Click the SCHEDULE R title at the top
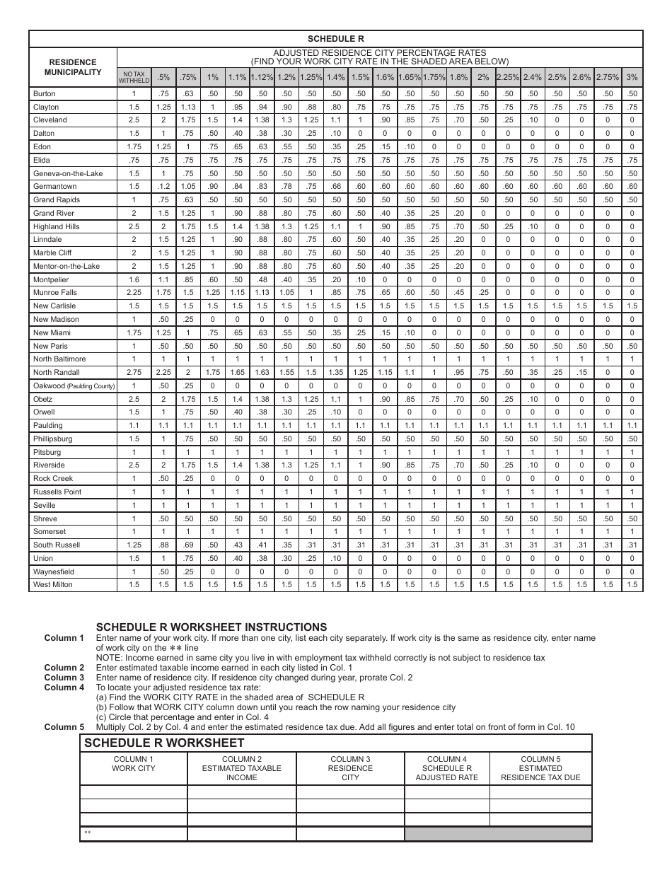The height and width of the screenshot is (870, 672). pyautogui.click(x=336, y=39)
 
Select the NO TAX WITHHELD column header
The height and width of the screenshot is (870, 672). pyautogui.click(x=134, y=77)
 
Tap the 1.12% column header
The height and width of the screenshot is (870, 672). pyautogui.click(x=262, y=77)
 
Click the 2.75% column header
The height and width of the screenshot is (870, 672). pyautogui.click(x=607, y=77)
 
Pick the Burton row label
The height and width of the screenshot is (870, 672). pyautogui.click(x=44, y=93)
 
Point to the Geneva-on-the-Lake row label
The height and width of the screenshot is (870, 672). pyautogui.click(x=68, y=173)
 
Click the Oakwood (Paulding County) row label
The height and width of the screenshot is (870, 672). pyautogui.click(x=74, y=385)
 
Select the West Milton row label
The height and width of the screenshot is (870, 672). pyautogui.click(x=52, y=585)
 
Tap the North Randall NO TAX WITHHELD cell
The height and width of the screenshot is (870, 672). pyautogui.click(x=134, y=372)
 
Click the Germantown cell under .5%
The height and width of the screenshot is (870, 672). pyautogui.click(x=163, y=187)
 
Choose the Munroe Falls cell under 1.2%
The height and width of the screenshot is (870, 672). pyautogui.click(x=286, y=293)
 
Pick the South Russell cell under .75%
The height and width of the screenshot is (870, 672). pyautogui.click(x=188, y=545)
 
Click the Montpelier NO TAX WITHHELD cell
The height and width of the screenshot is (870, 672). pyautogui.click(x=134, y=279)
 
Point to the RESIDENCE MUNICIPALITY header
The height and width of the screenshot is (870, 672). pyautogui.click(x=73, y=67)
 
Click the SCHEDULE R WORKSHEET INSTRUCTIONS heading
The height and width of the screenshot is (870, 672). pyautogui.click(x=212, y=627)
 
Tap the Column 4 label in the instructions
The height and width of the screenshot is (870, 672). pyautogui.click(x=64, y=688)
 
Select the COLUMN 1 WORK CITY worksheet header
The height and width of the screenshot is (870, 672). pyautogui.click(x=134, y=764)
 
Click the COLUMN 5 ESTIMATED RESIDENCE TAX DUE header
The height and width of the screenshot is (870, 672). pyautogui.click(x=540, y=768)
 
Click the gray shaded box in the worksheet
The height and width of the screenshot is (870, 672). pyautogui.click(x=498, y=834)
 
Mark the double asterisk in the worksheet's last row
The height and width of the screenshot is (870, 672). pyautogui.click(x=88, y=834)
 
